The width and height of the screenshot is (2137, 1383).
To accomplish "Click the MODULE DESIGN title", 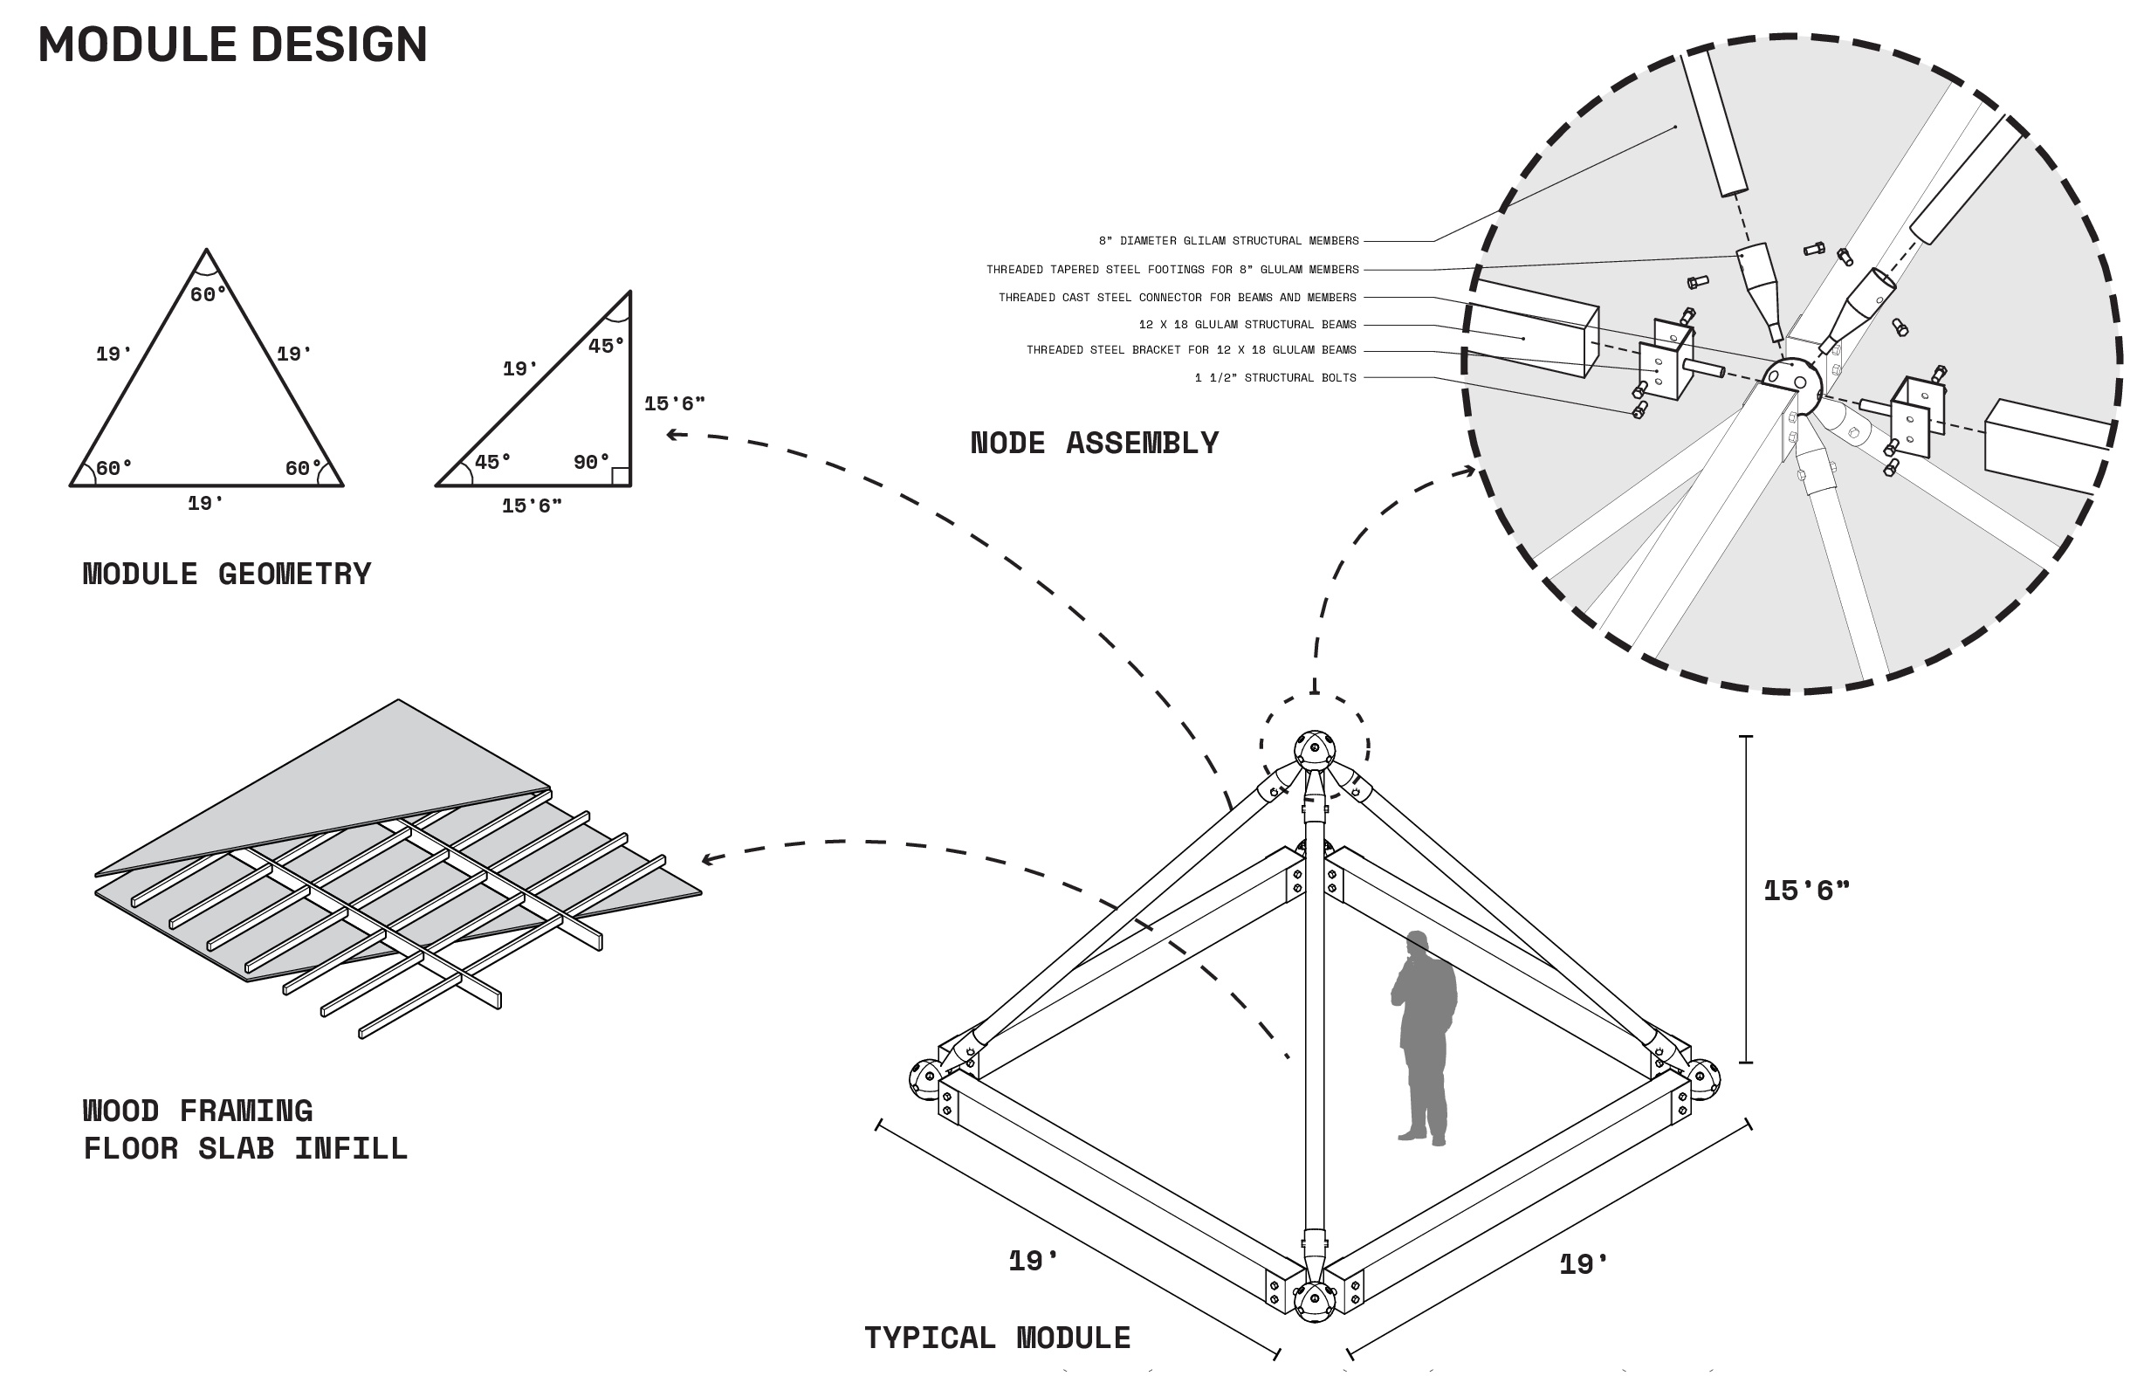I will point(232,45).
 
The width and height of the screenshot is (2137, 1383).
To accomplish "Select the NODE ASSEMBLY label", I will point(1095,444).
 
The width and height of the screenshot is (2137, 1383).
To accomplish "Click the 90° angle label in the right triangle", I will point(591,463).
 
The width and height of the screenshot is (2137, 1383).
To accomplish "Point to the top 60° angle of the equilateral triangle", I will point(208,294).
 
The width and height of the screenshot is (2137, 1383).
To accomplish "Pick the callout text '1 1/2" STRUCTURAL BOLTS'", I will point(1275,378).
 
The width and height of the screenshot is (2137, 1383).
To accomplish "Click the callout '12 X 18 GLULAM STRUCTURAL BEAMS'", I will point(1247,324).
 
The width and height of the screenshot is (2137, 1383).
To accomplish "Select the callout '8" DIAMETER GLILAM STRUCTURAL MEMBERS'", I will point(1228,241).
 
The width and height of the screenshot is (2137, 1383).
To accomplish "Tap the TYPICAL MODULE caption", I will point(997,1338).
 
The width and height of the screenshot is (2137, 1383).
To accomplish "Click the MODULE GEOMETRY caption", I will point(226,574).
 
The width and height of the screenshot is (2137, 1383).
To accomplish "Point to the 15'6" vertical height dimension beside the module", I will point(1805,890).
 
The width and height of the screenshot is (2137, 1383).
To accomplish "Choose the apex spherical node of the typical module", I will point(1315,750).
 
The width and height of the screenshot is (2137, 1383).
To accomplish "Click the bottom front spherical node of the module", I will point(1315,1301).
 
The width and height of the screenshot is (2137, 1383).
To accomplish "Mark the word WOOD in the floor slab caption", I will point(120,1111).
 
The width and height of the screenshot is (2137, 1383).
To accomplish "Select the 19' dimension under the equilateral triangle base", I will point(206,504).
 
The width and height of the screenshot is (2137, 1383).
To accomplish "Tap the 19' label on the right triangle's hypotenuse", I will point(520,369).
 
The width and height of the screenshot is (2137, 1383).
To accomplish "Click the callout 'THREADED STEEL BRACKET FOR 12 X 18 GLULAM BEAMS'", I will point(1191,350).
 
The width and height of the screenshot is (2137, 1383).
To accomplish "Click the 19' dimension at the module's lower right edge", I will point(1584,1264).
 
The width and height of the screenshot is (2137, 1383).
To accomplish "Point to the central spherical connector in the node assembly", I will point(1790,384).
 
